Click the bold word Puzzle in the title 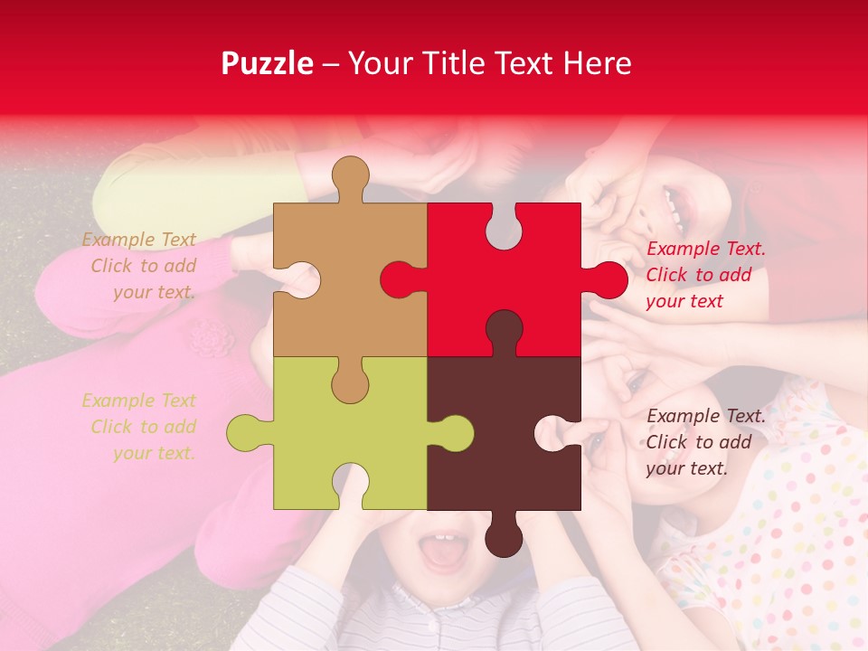268,63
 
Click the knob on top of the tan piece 351,176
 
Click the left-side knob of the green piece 246,433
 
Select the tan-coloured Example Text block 141,266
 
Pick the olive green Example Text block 141,427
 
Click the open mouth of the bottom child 442,553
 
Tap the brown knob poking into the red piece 504,330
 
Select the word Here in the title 597,63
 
